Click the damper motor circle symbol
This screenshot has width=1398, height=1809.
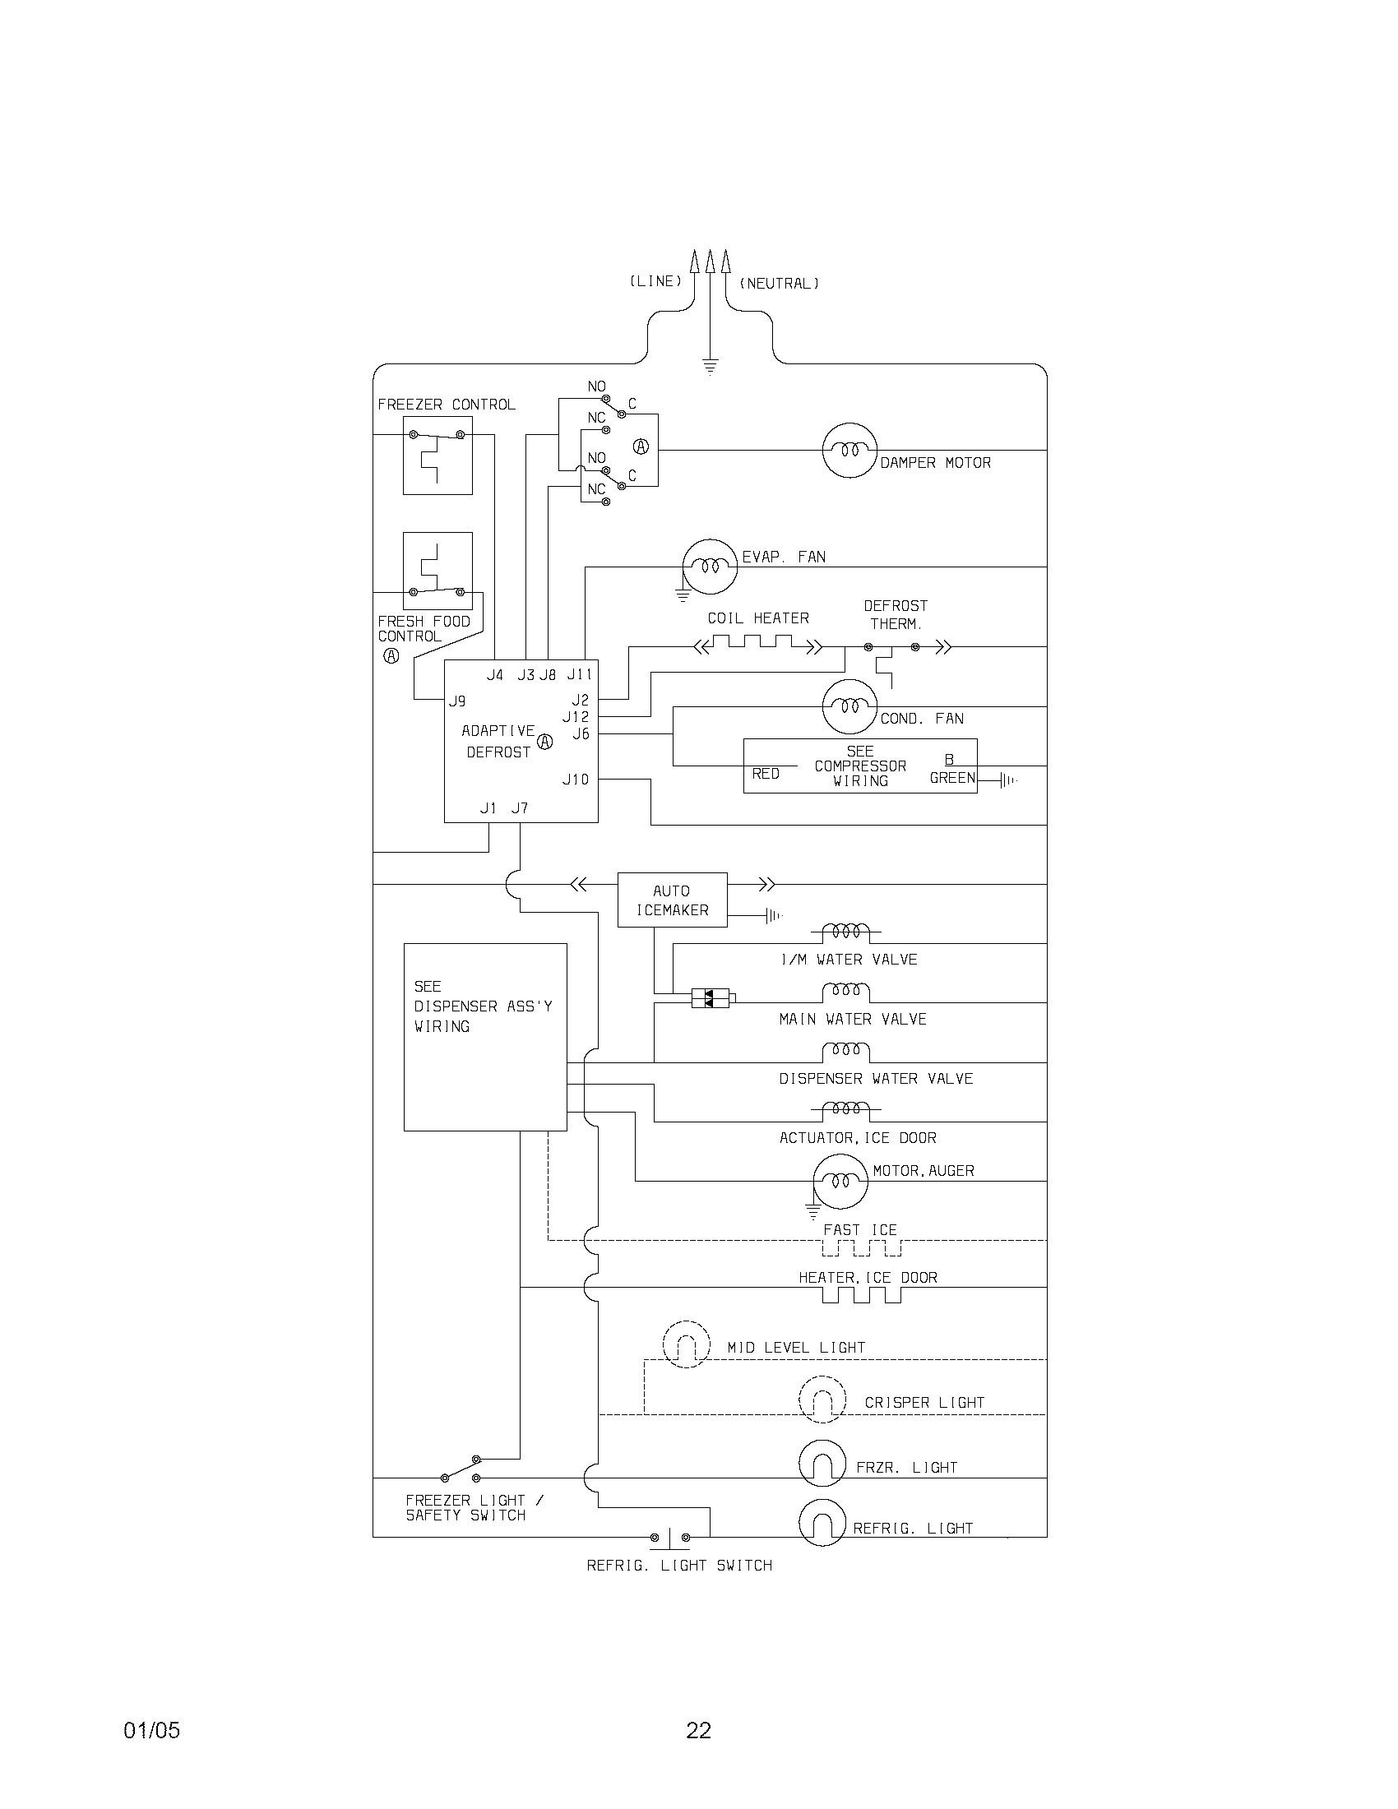(x=849, y=450)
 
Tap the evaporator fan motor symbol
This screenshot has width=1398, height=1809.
(x=710, y=567)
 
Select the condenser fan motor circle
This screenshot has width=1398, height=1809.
(x=849, y=706)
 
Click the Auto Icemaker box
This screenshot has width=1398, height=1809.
(x=672, y=900)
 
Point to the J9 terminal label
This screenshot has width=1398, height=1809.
(x=457, y=701)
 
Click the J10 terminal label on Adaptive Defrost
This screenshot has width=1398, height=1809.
(x=576, y=779)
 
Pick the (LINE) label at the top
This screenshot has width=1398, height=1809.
(x=655, y=281)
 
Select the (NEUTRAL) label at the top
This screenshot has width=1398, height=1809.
(x=779, y=284)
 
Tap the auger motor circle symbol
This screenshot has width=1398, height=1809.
(x=840, y=1180)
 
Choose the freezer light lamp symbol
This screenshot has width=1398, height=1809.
(x=822, y=1463)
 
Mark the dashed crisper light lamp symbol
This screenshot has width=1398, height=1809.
(x=822, y=1400)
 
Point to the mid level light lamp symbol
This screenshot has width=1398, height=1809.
(x=687, y=1344)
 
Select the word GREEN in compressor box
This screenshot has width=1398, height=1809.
(x=952, y=778)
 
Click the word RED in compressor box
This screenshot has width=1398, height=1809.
(x=766, y=774)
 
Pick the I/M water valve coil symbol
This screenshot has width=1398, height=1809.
(x=845, y=932)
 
